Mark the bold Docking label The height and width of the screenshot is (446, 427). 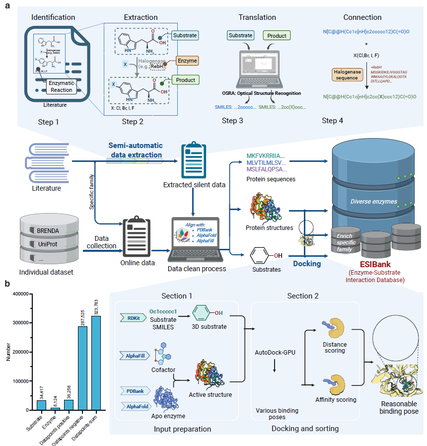pos(306,264)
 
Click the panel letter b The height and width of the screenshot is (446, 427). pos(7,284)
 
